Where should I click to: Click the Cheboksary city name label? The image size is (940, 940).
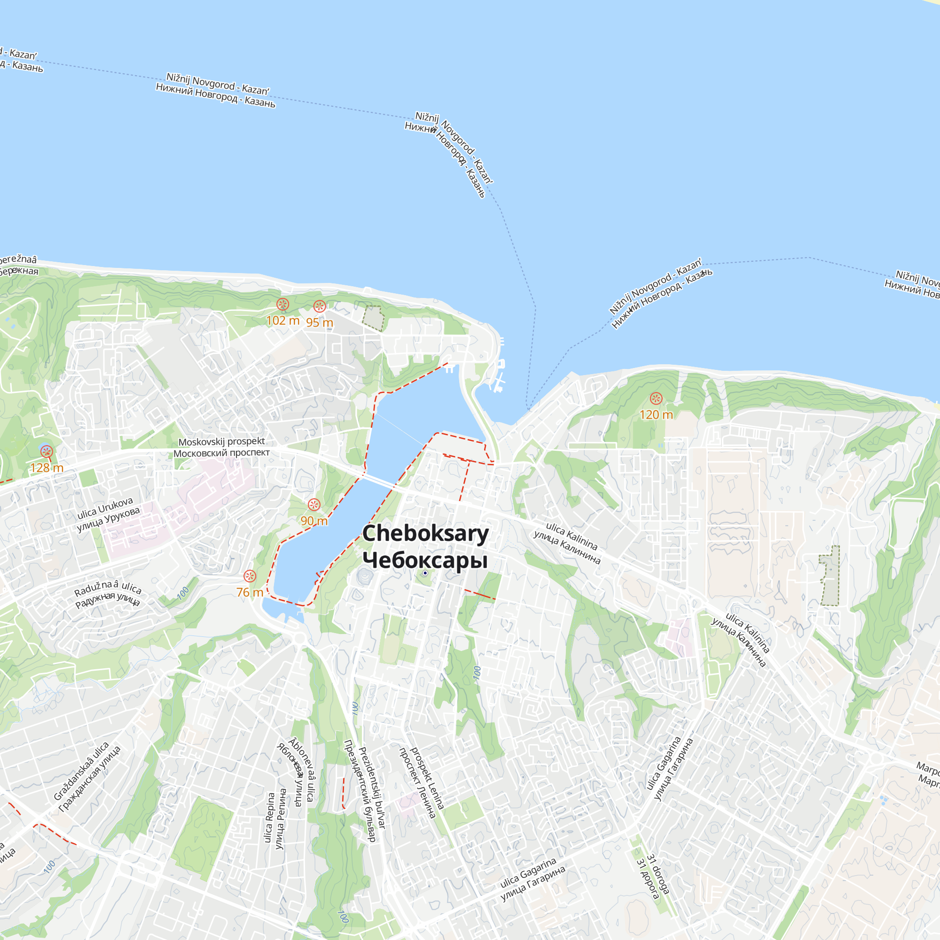click(x=425, y=547)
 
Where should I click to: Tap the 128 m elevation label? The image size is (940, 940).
click(x=47, y=468)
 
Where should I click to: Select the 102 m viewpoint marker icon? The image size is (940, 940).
click(x=282, y=305)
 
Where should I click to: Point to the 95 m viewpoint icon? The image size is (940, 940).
click(x=319, y=306)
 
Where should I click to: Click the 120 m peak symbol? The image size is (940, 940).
click(x=656, y=399)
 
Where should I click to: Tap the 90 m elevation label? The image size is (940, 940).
click(x=314, y=521)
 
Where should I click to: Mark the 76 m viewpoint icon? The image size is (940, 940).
click(x=250, y=576)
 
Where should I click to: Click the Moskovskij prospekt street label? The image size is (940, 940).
click(x=221, y=447)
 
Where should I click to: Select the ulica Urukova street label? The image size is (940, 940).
click(x=108, y=514)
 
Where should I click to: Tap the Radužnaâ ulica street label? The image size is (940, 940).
click(x=108, y=594)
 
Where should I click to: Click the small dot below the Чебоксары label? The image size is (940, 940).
click(x=425, y=573)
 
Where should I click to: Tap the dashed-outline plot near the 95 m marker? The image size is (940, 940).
click(x=373, y=318)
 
